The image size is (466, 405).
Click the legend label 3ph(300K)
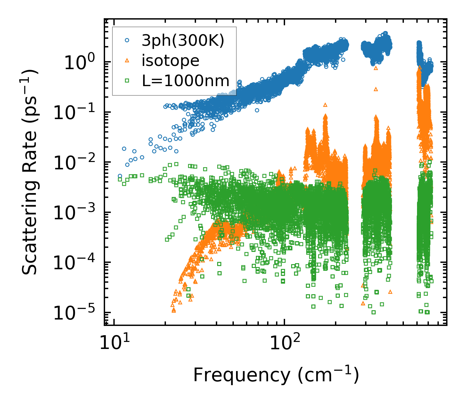coord(183,41)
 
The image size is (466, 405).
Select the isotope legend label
coord(170,61)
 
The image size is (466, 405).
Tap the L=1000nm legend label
coord(186,81)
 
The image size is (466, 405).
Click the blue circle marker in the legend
coord(127,40)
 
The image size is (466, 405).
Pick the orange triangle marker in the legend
coord(127,61)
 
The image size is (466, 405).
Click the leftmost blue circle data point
coord(120,176)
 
